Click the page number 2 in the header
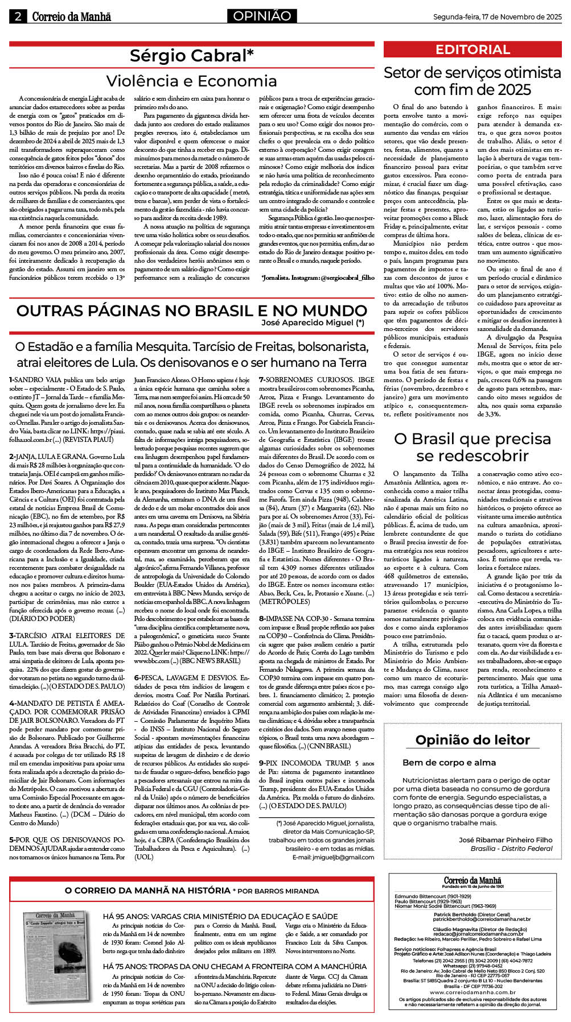[x=18, y=16]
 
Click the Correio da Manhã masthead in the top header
[x=71, y=16]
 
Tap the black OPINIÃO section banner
[x=262, y=16]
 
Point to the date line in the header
[x=497, y=17]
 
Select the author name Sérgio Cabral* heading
[x=191, y=56]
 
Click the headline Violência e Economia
[x=191, y=81]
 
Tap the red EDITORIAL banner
[x=472, y=49]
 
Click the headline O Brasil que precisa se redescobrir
[x=472, y=447]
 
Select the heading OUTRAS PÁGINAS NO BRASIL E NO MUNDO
[x=191, y=311]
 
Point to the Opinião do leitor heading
[x=472, y=740]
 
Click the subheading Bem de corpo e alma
[x=449, y=763]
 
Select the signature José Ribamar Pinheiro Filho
[x=505, y=839]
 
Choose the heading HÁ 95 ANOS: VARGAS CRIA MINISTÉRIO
[x=220, y=916]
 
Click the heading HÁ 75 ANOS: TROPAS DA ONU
[x=235, y=966]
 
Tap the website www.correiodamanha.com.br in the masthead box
[x=472, y=992]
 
